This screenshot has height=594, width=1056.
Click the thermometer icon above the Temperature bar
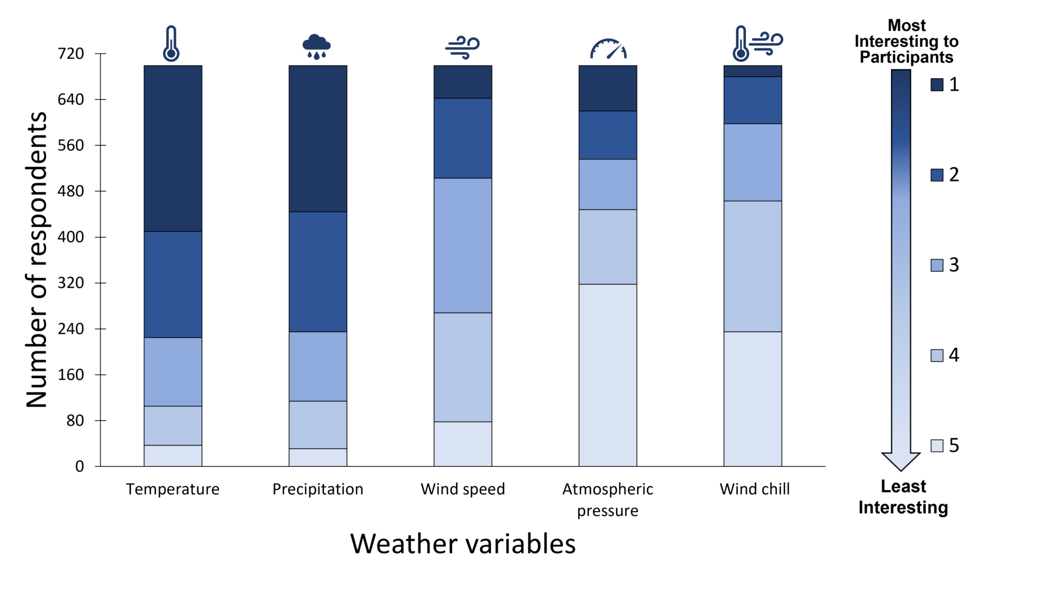(171, 43)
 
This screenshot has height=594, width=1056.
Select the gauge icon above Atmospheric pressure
(608, 49)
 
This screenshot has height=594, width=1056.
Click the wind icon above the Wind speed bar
(463, 47)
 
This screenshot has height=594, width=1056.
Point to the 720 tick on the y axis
(71, 54)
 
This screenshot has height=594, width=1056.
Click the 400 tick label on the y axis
(71, 237)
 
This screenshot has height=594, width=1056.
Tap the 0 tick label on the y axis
(80, 466)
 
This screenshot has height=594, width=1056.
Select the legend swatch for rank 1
(937, 84)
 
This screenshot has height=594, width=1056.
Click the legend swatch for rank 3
(937, 265)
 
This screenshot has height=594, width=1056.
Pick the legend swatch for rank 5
(937, 446)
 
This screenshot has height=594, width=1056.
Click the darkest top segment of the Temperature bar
(173, 148)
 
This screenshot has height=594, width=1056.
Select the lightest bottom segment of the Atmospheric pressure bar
(608, 375)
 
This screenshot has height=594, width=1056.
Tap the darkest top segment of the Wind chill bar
(752, 71)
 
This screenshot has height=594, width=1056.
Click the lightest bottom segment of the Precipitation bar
(318, 458)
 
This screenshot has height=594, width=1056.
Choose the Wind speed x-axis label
(463, 489)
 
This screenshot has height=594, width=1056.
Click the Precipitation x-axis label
(318, 489)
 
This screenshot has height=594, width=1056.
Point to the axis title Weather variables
(463, 544)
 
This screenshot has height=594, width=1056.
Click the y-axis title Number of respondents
(37, 260)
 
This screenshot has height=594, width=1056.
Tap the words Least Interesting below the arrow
(903, 497)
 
